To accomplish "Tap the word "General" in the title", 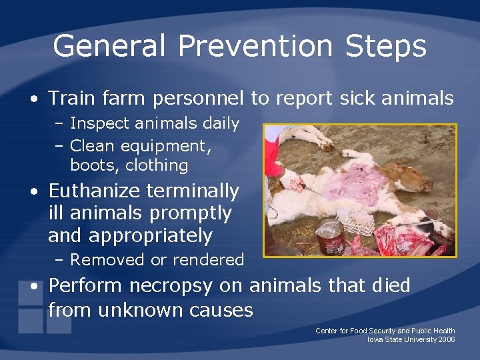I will pos(109,47).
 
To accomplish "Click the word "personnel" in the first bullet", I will pos(198,99).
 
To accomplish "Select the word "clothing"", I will pos(157,165).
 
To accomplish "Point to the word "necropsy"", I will pos(185,286).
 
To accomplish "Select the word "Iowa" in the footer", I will pos(375,339).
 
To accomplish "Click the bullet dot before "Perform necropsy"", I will pos(33,287).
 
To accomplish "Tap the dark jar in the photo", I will pos(330,237).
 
